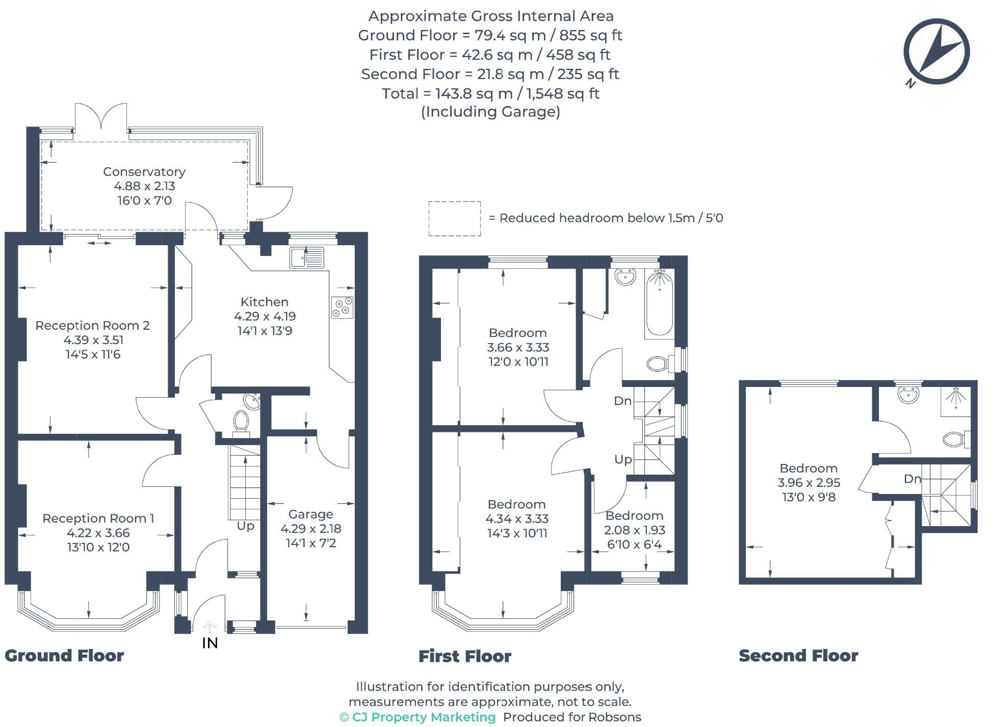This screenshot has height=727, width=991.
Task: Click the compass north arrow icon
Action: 936,51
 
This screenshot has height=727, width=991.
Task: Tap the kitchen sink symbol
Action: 306,257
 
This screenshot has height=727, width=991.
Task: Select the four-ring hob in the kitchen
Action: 342,307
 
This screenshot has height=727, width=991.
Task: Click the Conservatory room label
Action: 144,172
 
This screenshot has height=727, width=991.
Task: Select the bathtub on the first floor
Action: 659,302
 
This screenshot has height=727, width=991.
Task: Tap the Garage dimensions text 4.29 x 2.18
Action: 310,529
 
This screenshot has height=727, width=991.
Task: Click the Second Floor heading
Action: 798,656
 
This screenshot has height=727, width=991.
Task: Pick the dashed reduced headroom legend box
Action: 454,219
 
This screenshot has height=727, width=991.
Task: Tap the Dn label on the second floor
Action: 912,479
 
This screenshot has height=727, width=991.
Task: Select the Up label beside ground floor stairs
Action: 245,526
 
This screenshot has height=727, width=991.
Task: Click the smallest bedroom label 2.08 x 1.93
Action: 634,530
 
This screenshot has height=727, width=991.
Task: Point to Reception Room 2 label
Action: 92,325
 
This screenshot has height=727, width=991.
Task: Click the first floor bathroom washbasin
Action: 625,277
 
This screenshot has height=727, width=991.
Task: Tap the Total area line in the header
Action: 490,93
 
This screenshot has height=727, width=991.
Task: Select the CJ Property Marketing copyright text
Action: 418,717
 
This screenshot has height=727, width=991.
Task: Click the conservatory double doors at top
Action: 101,117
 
